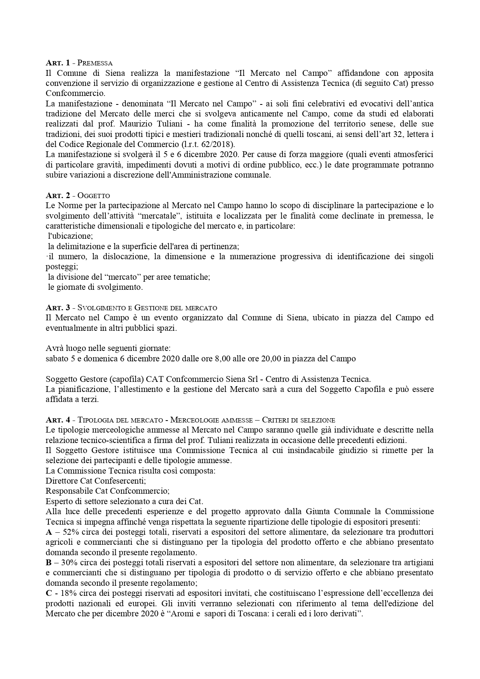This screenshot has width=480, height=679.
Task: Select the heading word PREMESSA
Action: (95, 63)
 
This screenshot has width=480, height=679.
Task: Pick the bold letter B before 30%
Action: (48, 563)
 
